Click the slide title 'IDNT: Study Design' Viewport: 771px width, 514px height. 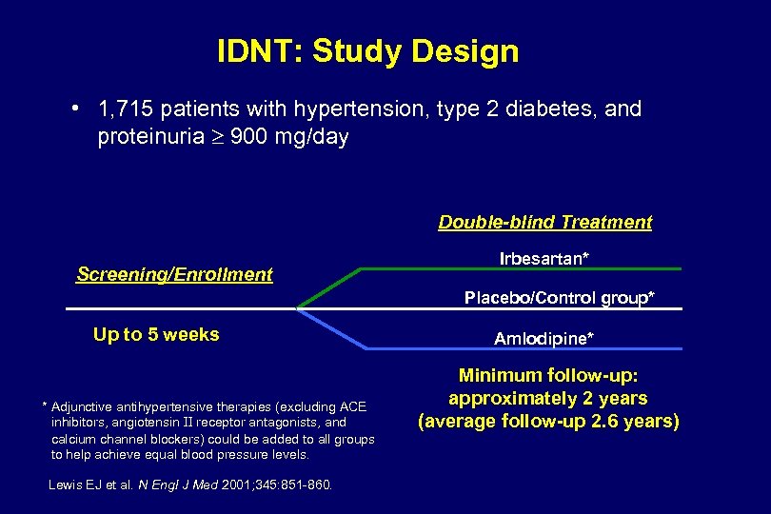point(367,50)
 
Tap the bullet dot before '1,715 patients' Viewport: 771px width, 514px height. point(74,108)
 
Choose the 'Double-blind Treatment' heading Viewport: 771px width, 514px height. point(544,222)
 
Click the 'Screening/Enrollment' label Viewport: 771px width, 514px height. point(174,274)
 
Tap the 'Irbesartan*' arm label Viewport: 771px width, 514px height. point(544,258)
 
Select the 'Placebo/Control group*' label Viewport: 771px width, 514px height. point(559,298)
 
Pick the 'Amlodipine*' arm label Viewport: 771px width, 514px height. point(544,338)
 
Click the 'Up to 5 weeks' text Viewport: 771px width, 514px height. point(156,334)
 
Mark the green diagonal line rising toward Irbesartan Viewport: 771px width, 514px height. point(329,288)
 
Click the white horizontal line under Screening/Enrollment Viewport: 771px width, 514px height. point(181,308)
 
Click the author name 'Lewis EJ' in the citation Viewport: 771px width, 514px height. point(73,485)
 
